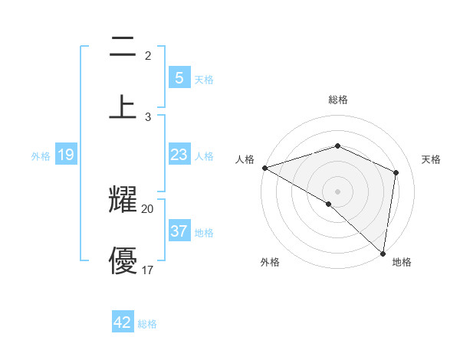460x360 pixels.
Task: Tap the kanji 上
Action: [x=123, y=106]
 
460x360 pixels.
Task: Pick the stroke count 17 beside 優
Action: [x=147, y=270]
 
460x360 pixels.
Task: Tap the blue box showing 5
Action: [x=179, y=78]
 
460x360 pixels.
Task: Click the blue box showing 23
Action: [x=179, y=155]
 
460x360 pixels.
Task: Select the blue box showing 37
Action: [x=179, y=231]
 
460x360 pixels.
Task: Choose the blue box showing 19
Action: [x=65, y=155]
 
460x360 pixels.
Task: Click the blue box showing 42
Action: [x=123, y=322]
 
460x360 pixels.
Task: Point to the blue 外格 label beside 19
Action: [x=41, y=155]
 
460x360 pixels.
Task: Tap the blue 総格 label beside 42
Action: [x=147, y=323]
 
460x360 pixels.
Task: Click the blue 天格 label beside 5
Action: [x=203, y=79]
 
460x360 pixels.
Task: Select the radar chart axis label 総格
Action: [x=337, y=100]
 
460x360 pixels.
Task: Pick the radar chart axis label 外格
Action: [x=270, y=263]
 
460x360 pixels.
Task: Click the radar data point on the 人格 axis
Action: [x=264, y=168]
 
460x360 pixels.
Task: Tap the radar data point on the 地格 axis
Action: [x=383, y=253]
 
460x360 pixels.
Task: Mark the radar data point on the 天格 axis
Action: [x=396, y=172]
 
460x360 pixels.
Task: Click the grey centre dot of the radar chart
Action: [x=337, y=191]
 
